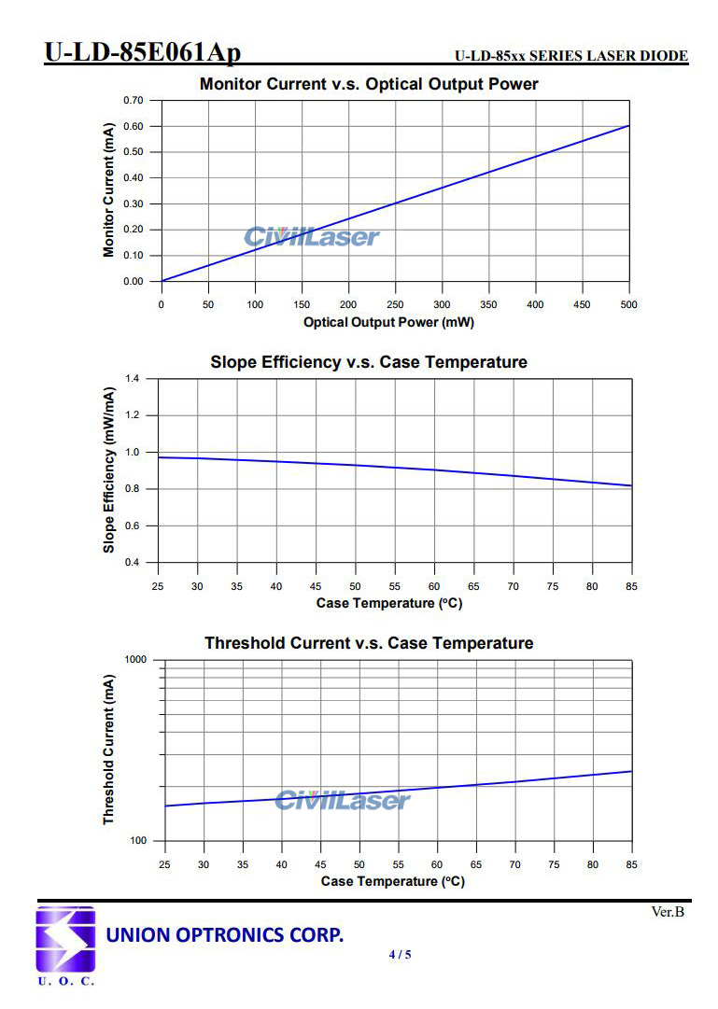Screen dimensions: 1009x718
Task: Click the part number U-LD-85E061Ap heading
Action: point(142,52)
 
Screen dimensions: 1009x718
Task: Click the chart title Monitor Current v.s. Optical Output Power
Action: point(369,84)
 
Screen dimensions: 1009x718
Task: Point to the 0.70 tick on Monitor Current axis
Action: point(134,100)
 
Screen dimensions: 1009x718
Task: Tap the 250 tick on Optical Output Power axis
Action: point(395,304)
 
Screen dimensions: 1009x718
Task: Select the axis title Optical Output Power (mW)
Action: point(388,322)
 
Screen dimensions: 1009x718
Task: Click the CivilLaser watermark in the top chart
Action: point(312,237)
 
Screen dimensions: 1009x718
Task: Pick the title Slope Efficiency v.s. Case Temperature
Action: point(369,362)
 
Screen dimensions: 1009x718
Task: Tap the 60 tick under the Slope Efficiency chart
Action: point(434,586)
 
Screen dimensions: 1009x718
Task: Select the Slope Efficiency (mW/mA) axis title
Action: point(109,471)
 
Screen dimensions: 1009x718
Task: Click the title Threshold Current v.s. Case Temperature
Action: point(369,643)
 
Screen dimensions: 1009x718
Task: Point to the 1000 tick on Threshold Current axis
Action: point(135,660)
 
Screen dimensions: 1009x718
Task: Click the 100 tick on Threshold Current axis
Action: point(138,841)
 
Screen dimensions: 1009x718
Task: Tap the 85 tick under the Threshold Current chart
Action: point(632,864)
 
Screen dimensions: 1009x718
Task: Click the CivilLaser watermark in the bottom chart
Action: point(343,800)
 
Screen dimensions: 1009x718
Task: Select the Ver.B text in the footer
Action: point(668,912)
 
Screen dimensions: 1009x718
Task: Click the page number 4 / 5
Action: point(400,954)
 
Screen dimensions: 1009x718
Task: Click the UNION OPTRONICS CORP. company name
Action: point(225,934)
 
